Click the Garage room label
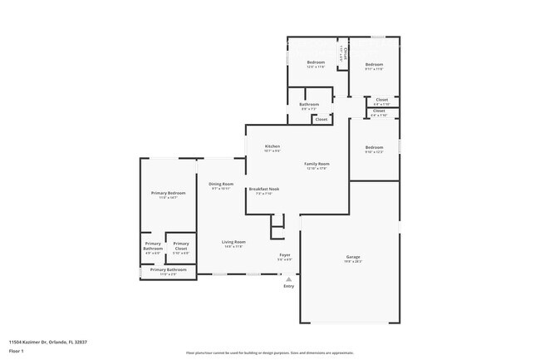347,257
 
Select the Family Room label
316,164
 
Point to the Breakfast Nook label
263,189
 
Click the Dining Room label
220,184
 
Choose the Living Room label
233,242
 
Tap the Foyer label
283,255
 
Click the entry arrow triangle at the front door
288,279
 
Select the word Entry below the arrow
288,286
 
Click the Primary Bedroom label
168,193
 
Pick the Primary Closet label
181,246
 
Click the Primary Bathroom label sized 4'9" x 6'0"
153,246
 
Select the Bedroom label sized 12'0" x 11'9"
316,63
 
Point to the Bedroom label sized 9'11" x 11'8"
374,64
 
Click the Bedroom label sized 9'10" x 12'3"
374,147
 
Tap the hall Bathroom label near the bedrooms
309,104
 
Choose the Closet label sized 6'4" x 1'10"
381,100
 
